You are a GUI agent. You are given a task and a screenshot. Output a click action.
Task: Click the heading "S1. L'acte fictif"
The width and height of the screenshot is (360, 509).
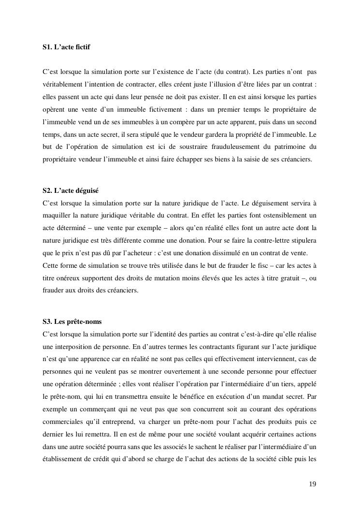coord(66,47)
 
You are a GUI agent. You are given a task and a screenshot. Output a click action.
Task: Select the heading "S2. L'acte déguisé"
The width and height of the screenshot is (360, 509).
coord(71,190)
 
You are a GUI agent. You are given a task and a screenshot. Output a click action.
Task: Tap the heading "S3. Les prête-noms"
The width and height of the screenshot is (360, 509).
coord(72,321)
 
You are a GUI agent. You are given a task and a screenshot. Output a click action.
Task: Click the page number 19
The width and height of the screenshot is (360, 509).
coord(313,484)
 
